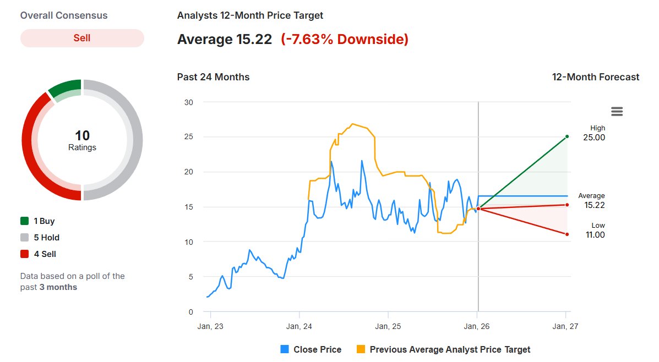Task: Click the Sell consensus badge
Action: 82,38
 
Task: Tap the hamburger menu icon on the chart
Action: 617,112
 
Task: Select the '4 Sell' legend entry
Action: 38,254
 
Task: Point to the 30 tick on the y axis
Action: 189,102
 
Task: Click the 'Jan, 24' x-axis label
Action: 299,326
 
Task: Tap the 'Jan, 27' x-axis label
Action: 565,326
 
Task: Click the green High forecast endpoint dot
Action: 567,136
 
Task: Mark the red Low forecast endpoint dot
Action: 567,234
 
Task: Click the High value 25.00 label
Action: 594,138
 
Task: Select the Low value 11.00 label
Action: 595,235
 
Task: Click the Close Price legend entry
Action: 311,349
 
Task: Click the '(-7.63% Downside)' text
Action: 345,40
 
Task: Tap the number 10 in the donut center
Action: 82,135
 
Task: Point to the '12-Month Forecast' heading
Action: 596,77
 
